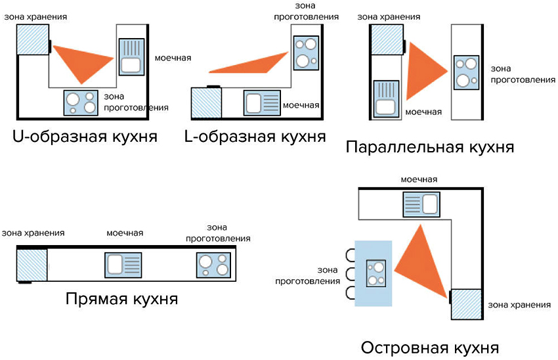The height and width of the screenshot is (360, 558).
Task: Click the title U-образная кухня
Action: (x=85, y=137)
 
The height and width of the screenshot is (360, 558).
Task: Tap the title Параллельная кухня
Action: (x=429, y=147)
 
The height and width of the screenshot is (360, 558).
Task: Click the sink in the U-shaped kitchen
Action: (x=130, y=56)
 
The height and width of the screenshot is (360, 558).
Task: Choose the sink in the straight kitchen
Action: (x=123, y=265)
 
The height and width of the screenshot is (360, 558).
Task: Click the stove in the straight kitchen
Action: (x=214, y=265)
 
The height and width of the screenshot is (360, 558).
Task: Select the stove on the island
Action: (x=376, y=273)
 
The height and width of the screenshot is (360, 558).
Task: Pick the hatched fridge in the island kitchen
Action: (x=467, y=304)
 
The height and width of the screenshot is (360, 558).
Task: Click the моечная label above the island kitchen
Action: (x=419, y=180)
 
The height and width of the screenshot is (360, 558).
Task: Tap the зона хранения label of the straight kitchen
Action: (x=33, y=233)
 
